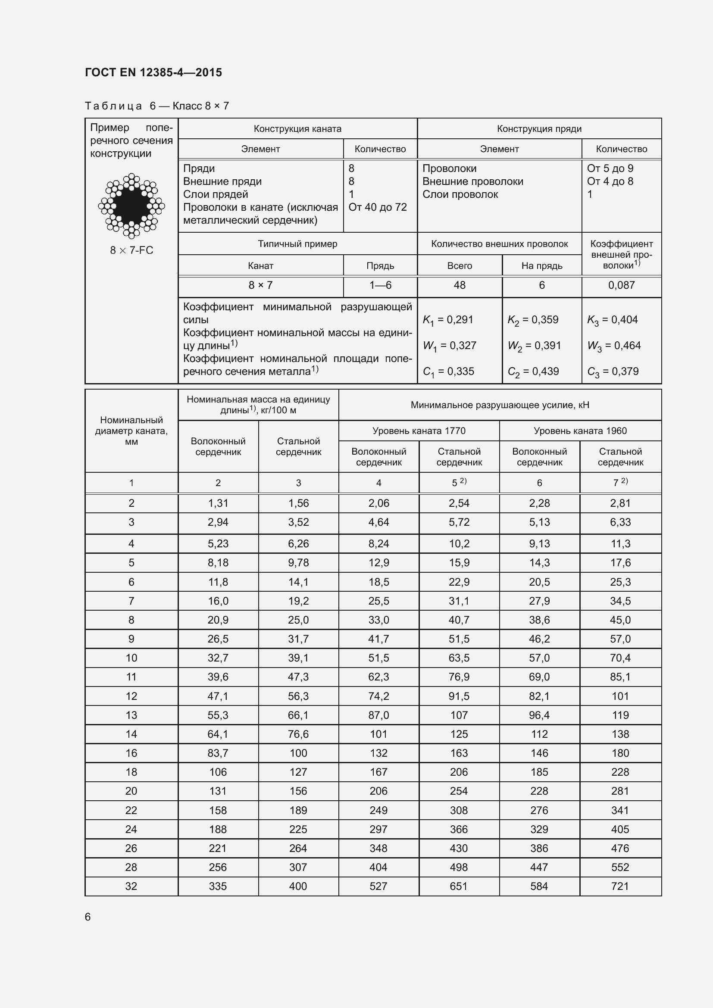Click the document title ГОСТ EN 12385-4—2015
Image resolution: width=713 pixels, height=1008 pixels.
153,72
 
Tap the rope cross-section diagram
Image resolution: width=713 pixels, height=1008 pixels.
131,206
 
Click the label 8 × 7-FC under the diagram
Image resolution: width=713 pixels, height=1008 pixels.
131,250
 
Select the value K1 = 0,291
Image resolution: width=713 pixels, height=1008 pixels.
448,320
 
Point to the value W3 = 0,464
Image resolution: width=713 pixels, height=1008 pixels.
614,346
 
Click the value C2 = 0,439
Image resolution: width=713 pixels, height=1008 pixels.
533,372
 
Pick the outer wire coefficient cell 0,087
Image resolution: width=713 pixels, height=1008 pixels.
621,285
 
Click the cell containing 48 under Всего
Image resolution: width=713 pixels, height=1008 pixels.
459,285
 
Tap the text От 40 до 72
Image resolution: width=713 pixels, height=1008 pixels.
378,207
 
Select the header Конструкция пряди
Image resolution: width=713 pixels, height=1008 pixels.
539,128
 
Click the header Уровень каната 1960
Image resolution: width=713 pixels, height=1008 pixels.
580,431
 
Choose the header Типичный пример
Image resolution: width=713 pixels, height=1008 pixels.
297,243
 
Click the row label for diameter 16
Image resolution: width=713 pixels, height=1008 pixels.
131,753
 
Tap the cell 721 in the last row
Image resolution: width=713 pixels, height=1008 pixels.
620,886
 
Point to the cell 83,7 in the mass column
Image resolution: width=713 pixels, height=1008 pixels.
218,753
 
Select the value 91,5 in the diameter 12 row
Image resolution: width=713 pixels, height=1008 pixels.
459,696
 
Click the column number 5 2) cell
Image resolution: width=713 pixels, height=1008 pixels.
459,483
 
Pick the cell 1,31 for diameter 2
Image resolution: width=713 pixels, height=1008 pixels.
218,503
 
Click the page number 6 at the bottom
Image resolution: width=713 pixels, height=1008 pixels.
88,917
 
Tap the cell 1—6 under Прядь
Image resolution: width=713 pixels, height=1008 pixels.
380,285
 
